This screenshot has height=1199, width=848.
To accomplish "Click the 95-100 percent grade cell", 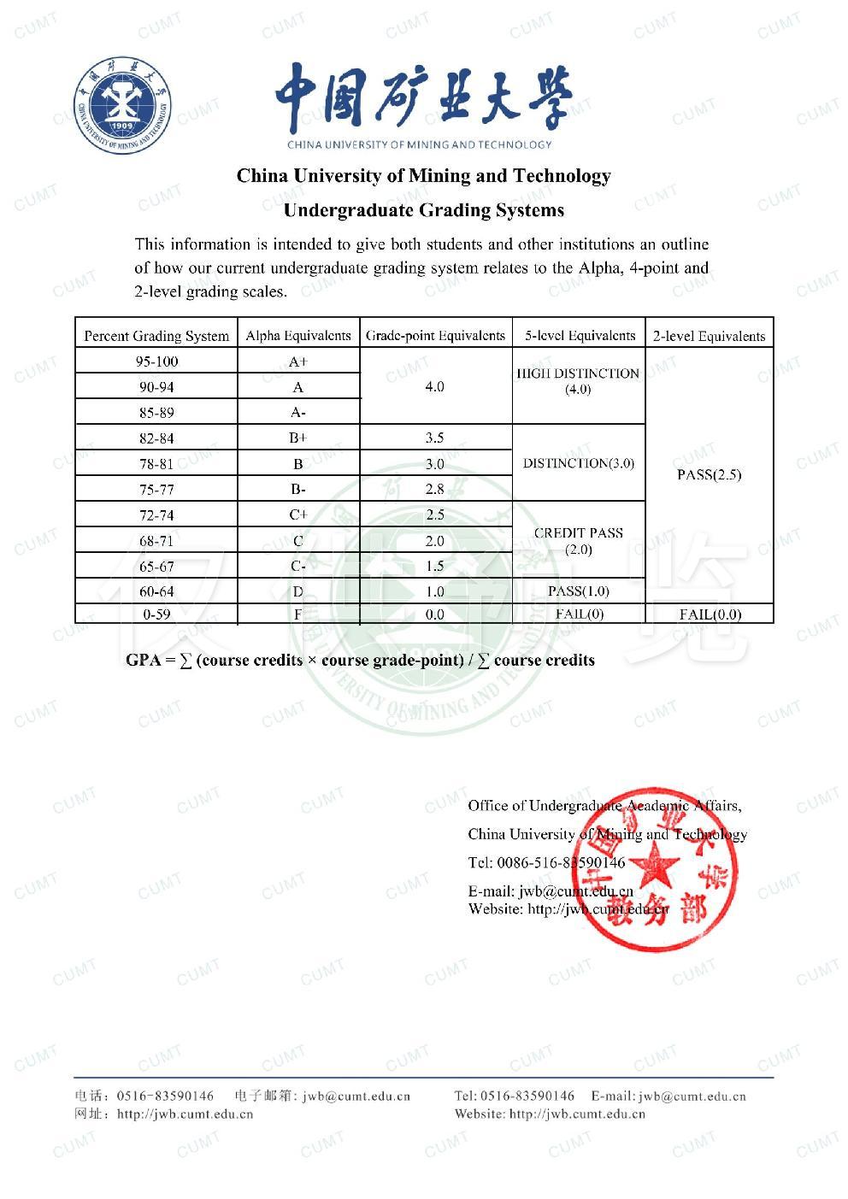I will pos(156,361).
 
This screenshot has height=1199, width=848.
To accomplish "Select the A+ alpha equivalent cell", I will pos(297,361).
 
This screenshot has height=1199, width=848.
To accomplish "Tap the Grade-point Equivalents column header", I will pos(435,336).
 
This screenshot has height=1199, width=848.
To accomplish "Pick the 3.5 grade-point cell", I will pos(434,438).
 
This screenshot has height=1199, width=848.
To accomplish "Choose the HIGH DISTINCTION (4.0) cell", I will pos(578,381).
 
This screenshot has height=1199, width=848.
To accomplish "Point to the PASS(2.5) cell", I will pos(709,474).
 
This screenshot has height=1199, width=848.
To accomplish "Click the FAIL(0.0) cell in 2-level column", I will pos(710,614).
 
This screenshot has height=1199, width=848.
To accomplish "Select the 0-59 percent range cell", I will pos(156,614).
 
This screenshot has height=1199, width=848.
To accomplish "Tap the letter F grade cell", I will pos(297,614).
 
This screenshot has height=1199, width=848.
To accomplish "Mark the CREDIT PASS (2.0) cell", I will pos(578,541).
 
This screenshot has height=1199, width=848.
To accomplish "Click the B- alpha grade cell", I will pos(297,490).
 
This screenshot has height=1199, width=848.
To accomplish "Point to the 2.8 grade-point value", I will pos(434,490).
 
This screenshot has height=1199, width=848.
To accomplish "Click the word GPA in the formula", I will pos(143,660).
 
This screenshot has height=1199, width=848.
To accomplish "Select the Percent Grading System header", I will pos(156,336).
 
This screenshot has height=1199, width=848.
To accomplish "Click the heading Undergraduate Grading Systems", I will pos(423,209).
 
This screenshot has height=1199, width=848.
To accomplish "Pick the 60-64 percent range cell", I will pos(156,591).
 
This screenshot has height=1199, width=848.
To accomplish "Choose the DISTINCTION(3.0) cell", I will pos(578,463).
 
